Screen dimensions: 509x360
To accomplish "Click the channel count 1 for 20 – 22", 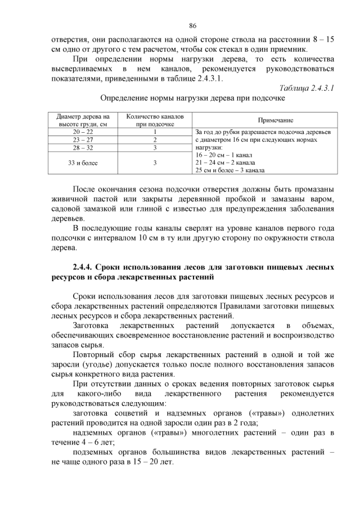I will pos(155,132).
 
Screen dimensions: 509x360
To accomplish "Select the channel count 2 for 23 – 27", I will pos(155,140).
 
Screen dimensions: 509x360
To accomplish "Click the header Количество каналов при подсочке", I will pos(155,120).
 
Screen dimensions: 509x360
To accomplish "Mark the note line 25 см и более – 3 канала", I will pos(231,170).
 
